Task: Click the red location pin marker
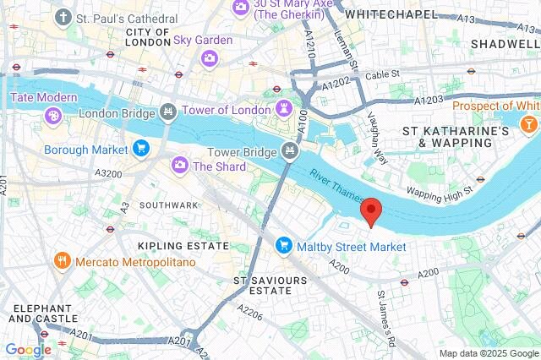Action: pos(370,211)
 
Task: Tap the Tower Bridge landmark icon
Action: pos(290,151)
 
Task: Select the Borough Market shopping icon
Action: pos(140,150)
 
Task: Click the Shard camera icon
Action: pos(179,166)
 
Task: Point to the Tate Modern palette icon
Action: pos(52,115)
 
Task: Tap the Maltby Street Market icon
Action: pos(283,246)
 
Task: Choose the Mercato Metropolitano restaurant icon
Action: pos(62,262)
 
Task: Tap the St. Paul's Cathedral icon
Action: pos(63,17)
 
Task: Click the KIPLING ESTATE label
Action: pos(183,245)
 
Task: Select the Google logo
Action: pos(28,349)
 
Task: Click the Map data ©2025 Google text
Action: pos(488,352)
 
